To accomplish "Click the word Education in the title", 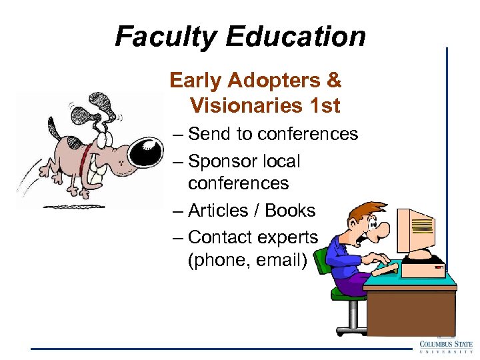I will pyautogui.click(x=296, y=37).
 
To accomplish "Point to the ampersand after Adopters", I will pyautogui.click(x=334, y=81).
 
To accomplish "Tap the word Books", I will pyautogui.click(x=290, y=211).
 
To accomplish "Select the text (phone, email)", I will pyautogui.click(x=247, y=260).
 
